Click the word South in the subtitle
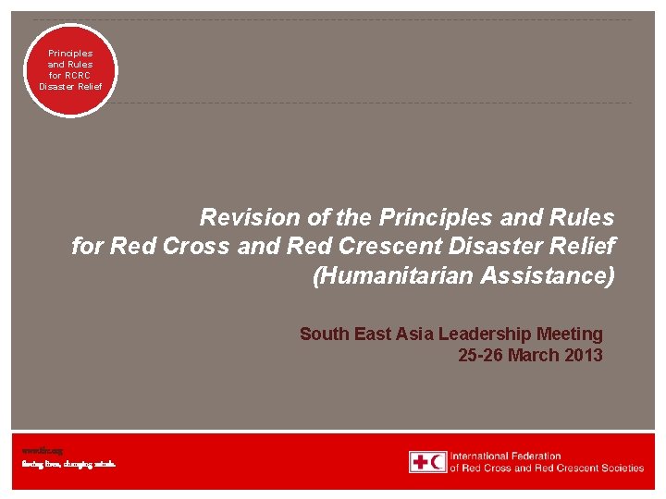(324, 334)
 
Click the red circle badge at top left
(70, 70)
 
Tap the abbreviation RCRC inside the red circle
(70, 76)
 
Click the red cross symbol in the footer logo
(419, 462)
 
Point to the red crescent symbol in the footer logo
(438, 462)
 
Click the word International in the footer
(479, 456)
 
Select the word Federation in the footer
(536, 456)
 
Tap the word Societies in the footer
(621, 469)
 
